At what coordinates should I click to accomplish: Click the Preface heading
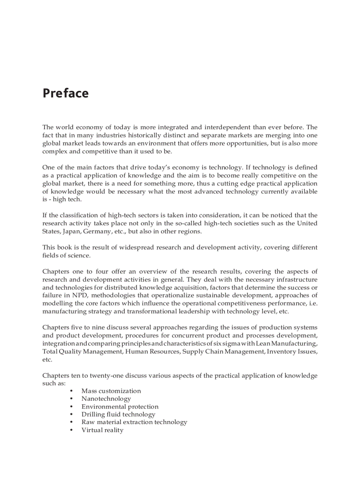click(x=65, y=93)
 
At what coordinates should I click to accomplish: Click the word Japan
click(x=71, y=231)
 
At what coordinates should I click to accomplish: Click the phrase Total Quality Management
click(x=82, y=351)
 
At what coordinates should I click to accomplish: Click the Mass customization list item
click(x=111, y=391)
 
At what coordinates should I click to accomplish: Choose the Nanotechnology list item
click(x=106, y=399)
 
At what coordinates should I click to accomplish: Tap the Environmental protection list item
click(x=120, y=407)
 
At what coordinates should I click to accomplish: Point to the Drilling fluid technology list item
click(x=118, y=414)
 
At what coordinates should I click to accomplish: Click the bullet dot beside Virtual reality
click(x=71, y=430)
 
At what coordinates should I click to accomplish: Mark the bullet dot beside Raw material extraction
click(x=71, y=422)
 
